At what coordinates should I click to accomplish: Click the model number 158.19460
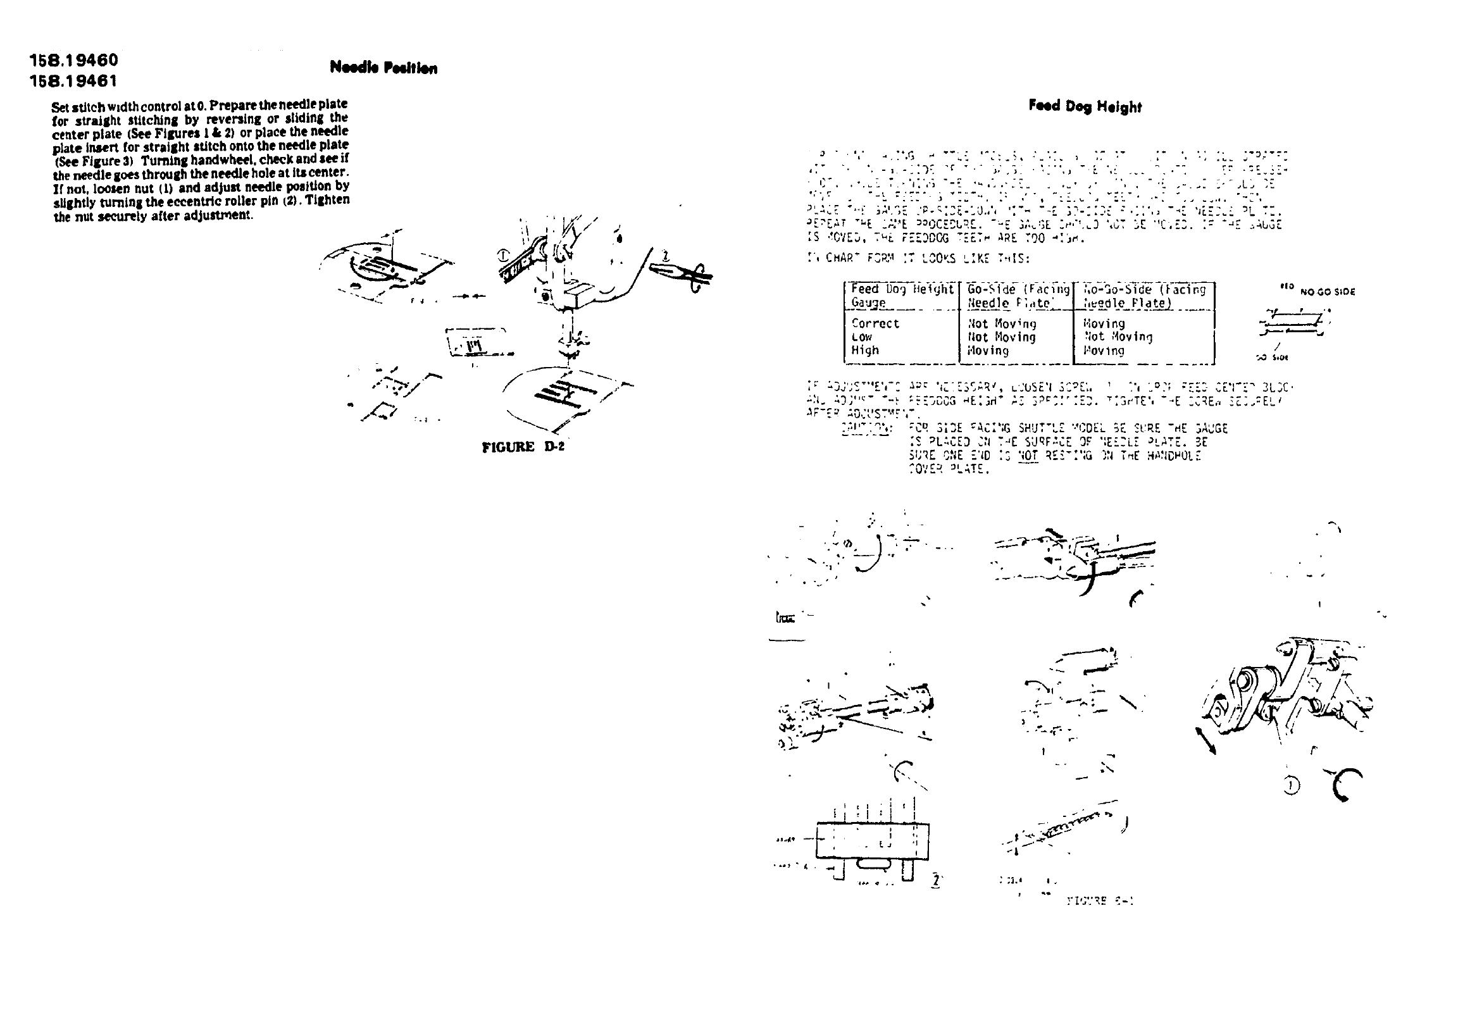coord(74,60)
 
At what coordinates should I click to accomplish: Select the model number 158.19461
coord(74,81)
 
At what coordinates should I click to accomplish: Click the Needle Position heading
coord(383,68)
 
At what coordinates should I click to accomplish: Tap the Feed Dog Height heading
coord(1085,106)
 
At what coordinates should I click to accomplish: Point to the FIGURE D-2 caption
coord(523,447)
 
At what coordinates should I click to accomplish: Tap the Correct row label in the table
coord(875,323)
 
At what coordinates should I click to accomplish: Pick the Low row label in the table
coord(862,337)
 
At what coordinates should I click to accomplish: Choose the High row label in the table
coord(864,350)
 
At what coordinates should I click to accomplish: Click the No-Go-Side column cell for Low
coord(1118,337)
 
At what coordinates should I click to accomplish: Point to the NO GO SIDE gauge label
coord(1327,292)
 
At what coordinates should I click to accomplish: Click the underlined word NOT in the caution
coord(1028,455)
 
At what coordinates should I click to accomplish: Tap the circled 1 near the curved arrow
coord(1290,787)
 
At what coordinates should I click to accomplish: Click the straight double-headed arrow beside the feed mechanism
coord(1206,741)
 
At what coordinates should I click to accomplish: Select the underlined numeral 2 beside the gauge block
coord(935,881)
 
